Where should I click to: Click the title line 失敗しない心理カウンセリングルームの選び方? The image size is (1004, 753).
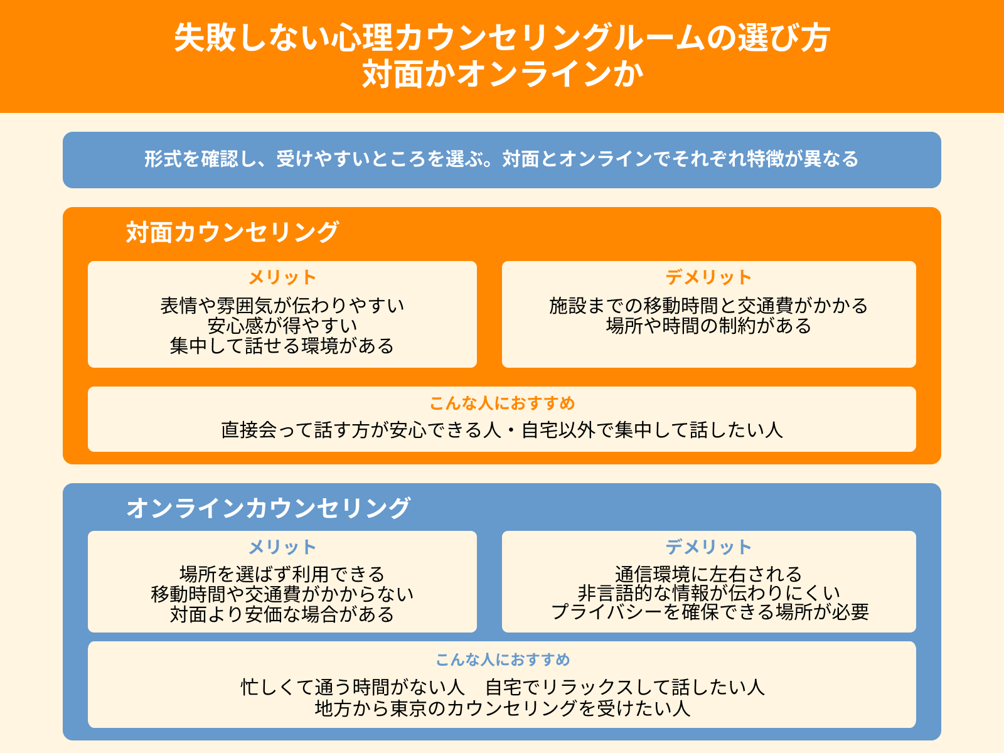[x=502, y=38]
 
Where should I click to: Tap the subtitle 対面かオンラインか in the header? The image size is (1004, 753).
[x=502, y=74]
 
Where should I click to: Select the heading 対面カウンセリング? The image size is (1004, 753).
[x=232, y=232]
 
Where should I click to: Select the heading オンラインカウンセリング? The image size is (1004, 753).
[x=269, y=508]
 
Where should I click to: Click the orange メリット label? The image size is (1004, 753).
[x=282, y=277]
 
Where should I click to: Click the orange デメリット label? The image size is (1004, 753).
[x=709, y=277]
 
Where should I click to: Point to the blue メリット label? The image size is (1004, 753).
[x=282, y=547]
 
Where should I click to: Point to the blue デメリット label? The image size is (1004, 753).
[x=709, y=547]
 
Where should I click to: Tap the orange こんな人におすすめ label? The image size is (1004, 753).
[x=502, y=403]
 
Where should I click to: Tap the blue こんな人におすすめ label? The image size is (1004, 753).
[x=502, y=660]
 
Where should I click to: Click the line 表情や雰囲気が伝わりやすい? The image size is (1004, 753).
[x=282, y=306]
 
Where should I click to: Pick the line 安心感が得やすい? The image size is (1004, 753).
[x=282, y=326]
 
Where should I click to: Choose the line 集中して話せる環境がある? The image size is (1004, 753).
[x=282, y=346]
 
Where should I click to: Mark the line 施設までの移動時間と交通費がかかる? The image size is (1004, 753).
[x=709, y=306]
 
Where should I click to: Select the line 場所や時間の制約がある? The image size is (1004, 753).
[x=709, y=326]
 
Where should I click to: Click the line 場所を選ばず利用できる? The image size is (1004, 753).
[x=282, y=574]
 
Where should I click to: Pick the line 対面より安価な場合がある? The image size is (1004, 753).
[x=282, y=614]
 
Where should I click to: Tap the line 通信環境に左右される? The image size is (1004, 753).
[x=709, y=574]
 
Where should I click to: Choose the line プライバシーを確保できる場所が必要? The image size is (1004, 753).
[x=709, y=612]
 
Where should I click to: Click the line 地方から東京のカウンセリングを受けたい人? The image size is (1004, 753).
[x=502, y=708]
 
